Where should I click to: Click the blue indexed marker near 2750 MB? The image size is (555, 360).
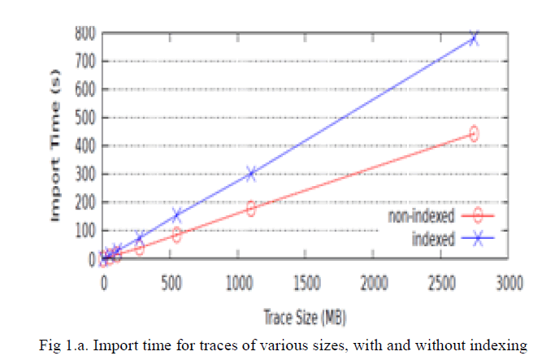474,38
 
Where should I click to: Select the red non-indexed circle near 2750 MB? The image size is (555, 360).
474,133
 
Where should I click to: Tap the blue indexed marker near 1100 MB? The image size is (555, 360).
252,173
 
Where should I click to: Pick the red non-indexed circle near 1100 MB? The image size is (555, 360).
251,209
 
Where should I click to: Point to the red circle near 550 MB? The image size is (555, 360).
176,236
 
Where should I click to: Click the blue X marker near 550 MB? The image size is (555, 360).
176,216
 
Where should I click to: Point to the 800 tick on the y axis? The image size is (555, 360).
86,33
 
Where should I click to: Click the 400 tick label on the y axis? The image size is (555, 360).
86,146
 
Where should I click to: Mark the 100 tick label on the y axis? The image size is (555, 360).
86,231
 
